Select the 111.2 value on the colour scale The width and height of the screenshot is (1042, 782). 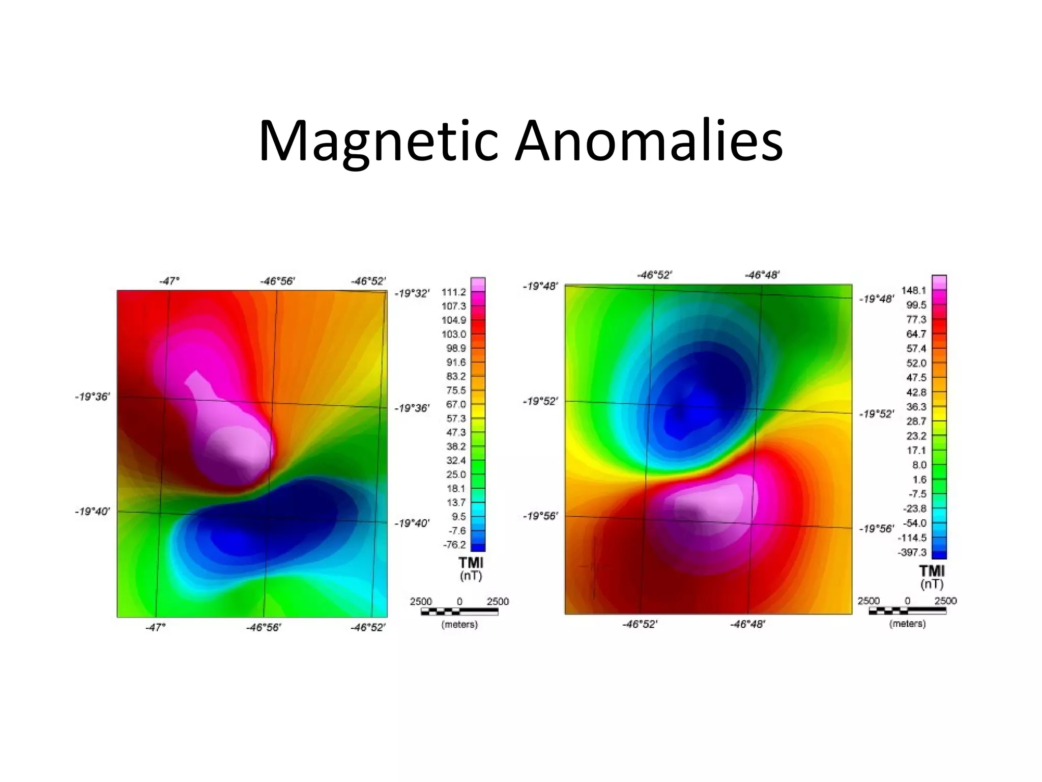point(454,292)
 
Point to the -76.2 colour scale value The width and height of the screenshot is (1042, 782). point(454,545)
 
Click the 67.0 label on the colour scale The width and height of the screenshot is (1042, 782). point(456,404)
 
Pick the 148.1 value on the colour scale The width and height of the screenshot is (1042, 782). point(914,291)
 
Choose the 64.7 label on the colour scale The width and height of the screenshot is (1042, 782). point(916,334)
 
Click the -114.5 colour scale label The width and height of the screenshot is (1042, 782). point(912,538)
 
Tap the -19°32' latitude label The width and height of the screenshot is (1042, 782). point(412,293)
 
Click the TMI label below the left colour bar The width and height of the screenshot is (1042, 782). point(471,563)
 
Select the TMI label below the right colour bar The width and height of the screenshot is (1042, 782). point(932,571)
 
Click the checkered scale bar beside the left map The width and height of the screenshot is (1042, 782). point(459,611)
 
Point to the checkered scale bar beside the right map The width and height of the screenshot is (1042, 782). point(907,611)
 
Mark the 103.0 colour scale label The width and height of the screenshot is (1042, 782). point(454,334)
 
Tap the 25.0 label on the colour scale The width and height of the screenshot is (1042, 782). point(456,474)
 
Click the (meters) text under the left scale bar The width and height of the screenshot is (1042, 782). point(459,624)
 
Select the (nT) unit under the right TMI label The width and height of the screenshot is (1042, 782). point(932,584)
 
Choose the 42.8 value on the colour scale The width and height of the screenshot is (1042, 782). point(916,393)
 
